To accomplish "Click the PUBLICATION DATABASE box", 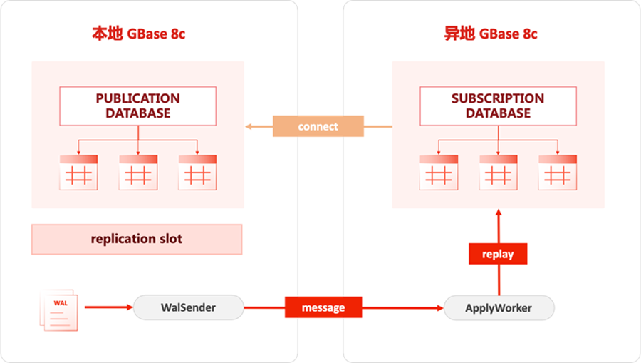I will coord(138,106).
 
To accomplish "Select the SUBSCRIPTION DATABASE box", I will coord(498,106).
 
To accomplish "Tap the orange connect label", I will coord(318,126).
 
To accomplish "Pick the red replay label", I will coord(498,254).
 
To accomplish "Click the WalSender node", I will coord(188,308).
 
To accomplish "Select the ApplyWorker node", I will coord(498,308).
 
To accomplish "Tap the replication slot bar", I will coord(137,239).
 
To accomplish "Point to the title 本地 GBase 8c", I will coord(138,34).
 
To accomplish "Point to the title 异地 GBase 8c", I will coord(491,34).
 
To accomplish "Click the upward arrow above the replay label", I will coord(498,225).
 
